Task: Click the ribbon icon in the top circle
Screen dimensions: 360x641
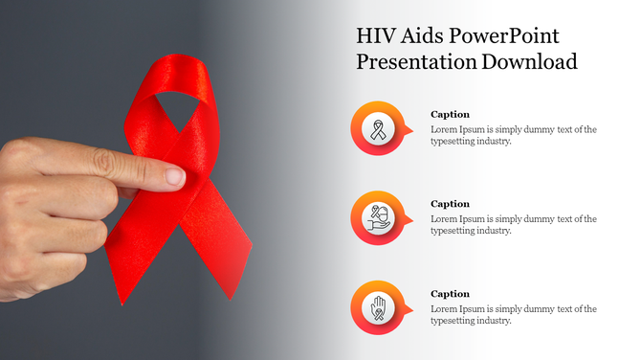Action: [379, 129]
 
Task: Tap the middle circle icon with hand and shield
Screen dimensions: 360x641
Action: [379, 219]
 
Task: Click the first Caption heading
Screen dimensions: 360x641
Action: [450, 114]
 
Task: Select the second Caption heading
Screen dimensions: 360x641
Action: [450, 204]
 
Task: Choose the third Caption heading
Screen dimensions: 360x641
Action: [450, 294]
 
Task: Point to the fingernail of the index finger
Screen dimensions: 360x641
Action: [175, 176]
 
